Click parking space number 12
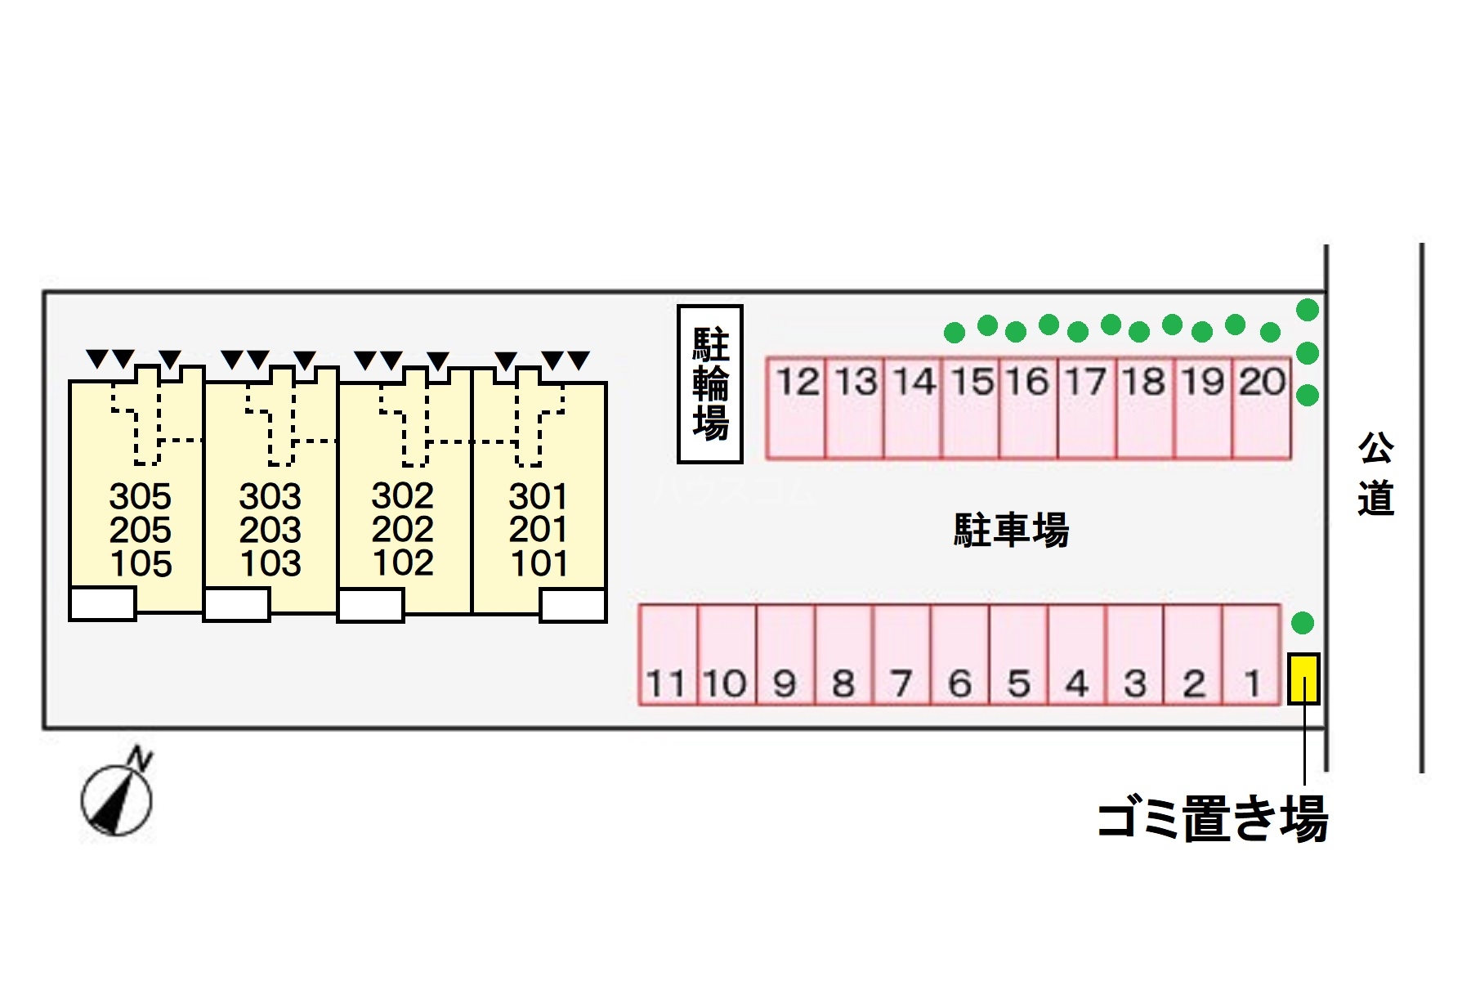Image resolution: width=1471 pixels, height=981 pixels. [796, 406]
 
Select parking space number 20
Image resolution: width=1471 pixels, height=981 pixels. [1261, 406]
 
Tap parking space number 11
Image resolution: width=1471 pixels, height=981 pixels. [668, 655]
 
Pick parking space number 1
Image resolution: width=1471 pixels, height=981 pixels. [1251, 655]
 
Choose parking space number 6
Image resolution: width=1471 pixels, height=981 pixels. [959, 655]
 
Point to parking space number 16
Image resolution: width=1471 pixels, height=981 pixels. [1028, 406]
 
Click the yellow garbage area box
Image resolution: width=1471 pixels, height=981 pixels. [1303, 679]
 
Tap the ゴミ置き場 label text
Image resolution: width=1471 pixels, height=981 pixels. [1212, 819]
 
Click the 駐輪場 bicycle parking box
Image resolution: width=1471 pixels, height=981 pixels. [710, 384]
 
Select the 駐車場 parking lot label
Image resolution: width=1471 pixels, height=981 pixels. [1011, 530]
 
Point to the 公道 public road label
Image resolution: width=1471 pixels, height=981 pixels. [1375, 474]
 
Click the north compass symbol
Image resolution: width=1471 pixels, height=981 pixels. [117, 797]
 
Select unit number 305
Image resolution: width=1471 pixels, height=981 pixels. [141, 496]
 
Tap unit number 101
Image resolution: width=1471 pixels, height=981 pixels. [539, 563]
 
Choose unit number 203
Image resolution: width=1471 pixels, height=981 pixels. [271, 530]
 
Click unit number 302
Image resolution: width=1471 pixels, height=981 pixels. [402, 495]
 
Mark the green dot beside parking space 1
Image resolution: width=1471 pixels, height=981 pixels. [1302, 623]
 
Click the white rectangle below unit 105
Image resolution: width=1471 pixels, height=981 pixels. [102, 604]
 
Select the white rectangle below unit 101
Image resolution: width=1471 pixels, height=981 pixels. [573, 606]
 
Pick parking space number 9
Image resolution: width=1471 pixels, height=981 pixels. [785, 655]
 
